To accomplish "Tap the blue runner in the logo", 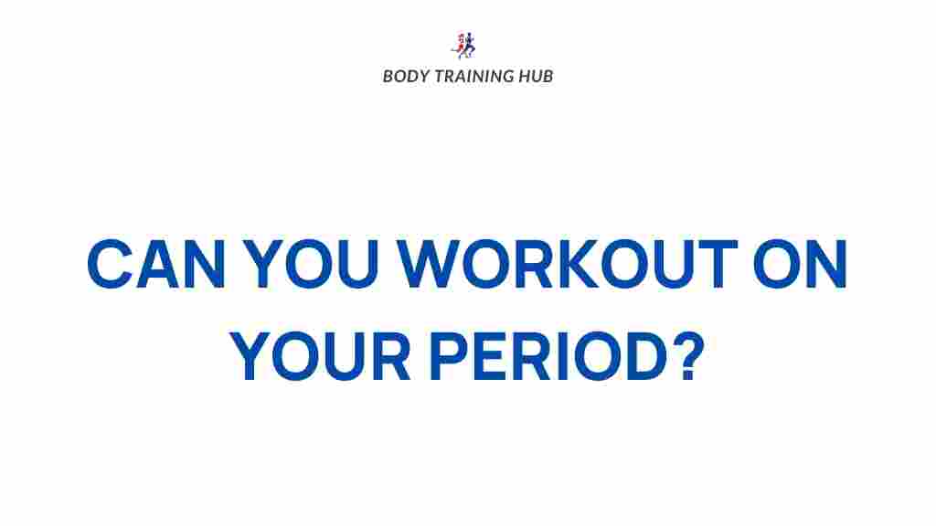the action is [x=469, y=46].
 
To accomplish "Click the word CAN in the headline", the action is [x=156, y=264].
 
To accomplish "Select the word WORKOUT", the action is [x=568, y=264].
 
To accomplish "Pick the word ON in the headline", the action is [x=801, y=264].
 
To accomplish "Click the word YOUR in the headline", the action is [x=320, y=355].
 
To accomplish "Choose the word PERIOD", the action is [x=548, y=355].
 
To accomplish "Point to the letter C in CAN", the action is [x=110, y=264].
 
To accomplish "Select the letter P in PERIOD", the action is [x=448, y=356].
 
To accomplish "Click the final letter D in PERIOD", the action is [x=646, y=356].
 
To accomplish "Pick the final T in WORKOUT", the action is [x=717, y=264].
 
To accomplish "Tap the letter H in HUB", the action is [x=524, y=77].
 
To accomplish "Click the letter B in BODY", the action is [x=388, y=77].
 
